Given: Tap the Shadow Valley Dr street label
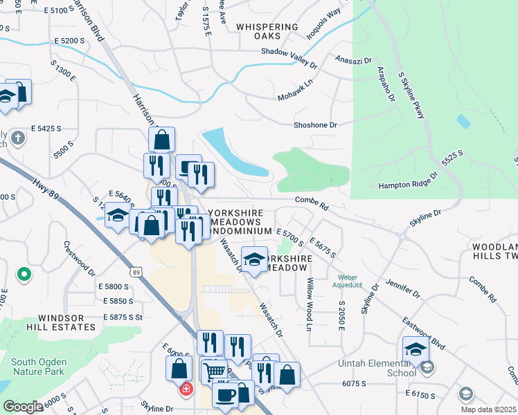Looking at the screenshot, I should click(x=289, y=57).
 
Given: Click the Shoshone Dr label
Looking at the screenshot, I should click(x=315, y=125).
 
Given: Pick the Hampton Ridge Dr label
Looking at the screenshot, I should click(x=408, y=181).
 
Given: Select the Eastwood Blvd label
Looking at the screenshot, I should click(x=424, y=330).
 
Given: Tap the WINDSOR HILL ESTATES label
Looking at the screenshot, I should click(x=57, y=323).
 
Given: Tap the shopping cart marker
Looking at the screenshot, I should click(x=215, y=371).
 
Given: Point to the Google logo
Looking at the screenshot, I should click(x=22, y=407).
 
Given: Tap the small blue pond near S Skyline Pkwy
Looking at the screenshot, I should click(x=463, y=121).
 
